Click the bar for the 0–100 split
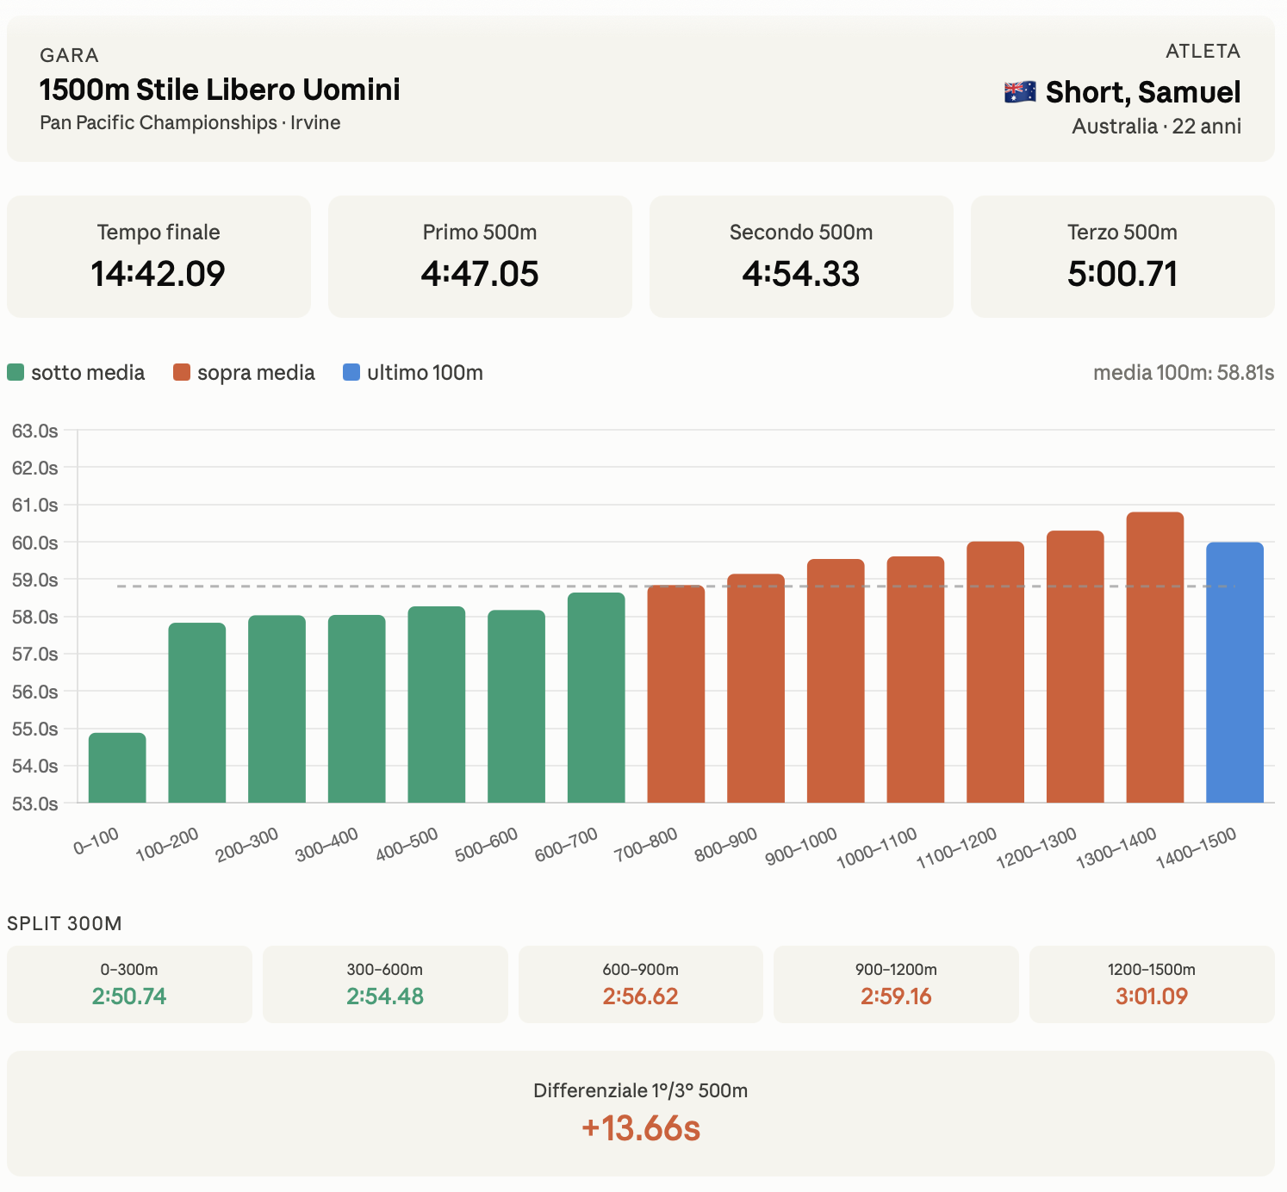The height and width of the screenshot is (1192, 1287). tap(117, 768)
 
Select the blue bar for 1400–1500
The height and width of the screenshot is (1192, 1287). tap(1234, 673)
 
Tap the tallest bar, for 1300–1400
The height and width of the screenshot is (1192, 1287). tap(1155, 658)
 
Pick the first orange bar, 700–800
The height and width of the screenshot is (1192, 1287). tap(676, 694)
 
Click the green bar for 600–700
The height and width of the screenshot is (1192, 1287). tap(596, 698)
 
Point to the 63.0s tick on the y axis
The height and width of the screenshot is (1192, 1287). tap(35, 431)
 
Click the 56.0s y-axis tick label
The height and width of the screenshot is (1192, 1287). tap(35, 692)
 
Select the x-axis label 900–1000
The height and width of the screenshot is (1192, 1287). tap(802, 847)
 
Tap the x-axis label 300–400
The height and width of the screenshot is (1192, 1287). tap(326, 845)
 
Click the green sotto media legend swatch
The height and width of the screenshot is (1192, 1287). tap(16, 373)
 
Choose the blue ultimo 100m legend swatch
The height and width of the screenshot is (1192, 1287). tap(351, 373)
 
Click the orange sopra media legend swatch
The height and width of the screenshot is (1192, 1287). tap(182, 373)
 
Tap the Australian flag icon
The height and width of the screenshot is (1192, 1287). tap(1020, 92)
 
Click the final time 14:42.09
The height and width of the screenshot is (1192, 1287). tap(159, 274)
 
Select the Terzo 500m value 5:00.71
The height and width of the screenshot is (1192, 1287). tap(1122, 274)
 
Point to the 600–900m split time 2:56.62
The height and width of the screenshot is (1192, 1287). tap(640, 996)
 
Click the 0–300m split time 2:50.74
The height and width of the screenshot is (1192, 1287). tap(129, 996)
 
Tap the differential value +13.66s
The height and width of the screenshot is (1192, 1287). tap(641, 1128)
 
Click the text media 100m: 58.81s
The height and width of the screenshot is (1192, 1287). tap(1184, 373)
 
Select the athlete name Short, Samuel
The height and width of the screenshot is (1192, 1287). tap(1143, 92)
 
